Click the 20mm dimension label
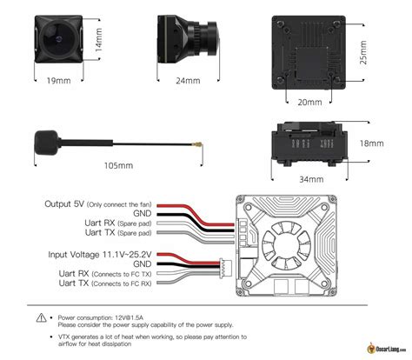[x=309, y=102]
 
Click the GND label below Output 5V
[x=141, y=213]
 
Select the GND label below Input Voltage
[x=141, y=263]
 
